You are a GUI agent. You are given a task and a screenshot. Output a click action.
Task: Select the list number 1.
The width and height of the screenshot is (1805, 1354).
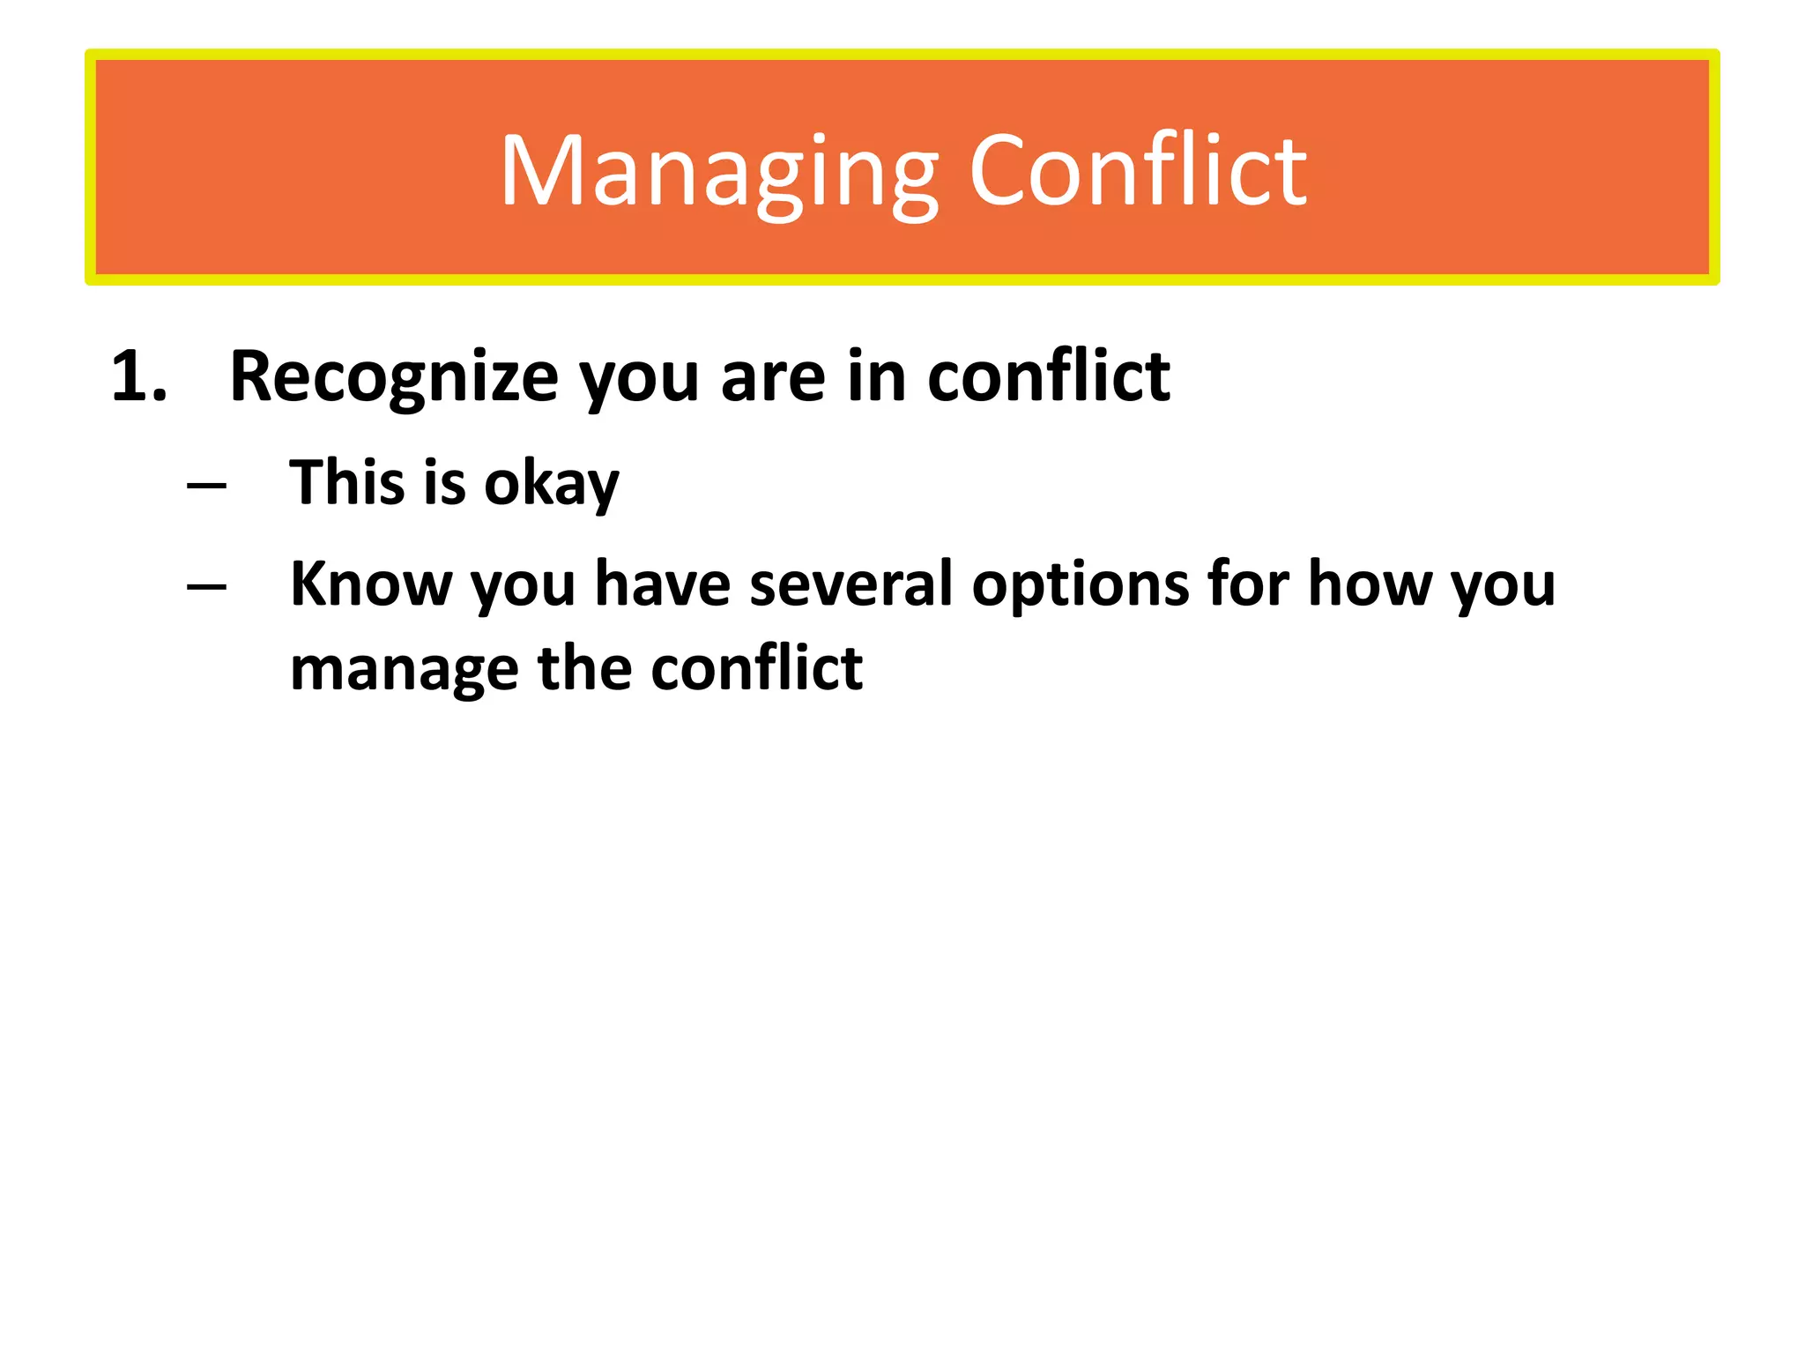tap(138, 377)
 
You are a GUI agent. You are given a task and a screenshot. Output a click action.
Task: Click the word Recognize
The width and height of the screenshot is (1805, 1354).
tap(393, 377)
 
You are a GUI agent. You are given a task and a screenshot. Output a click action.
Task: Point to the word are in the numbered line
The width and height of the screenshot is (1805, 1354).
tap(774, 377)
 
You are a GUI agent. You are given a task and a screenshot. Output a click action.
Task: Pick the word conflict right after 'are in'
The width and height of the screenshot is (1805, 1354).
tap(1049, 377)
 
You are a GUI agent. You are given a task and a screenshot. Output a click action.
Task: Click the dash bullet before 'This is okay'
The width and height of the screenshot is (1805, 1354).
tap(207, 485)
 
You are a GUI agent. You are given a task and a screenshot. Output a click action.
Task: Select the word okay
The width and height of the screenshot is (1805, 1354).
tap(551, 484)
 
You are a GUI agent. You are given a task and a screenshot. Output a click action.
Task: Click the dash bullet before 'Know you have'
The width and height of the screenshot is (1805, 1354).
tap(207, 586)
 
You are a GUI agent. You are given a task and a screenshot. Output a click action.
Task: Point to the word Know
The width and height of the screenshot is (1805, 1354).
tap(370, 584)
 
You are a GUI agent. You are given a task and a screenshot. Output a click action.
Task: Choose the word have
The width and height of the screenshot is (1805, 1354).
tap(662, 584)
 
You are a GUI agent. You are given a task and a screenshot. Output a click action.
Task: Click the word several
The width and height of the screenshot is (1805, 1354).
tap(851, 584)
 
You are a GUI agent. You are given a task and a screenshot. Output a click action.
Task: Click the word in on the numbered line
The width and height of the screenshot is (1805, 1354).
tap(876, 377)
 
